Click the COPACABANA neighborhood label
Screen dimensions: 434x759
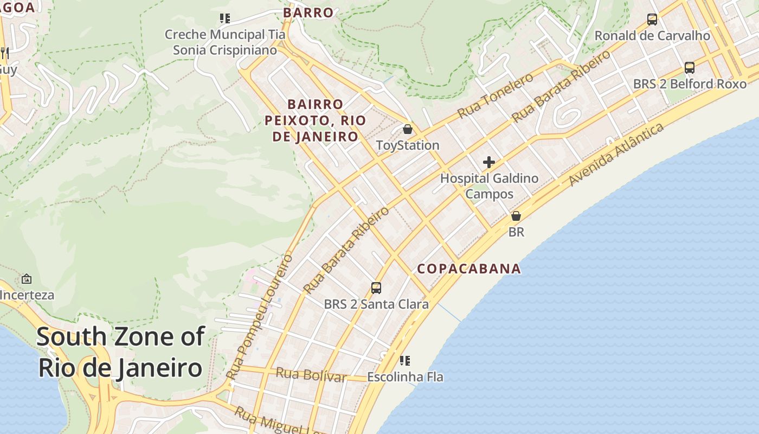[469, 269]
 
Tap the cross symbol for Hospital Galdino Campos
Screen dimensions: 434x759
[489, 162]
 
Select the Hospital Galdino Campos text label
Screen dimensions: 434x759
[489, 186]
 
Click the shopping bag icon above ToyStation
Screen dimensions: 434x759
[408, 129]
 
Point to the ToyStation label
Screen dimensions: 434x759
[408, 145]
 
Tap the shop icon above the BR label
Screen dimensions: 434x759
[516, 216]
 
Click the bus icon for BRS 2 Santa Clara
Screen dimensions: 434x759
[376, 288]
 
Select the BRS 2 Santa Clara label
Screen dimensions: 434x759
[376, 304]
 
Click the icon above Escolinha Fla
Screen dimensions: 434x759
[405, 360]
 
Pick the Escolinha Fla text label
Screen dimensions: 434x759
[405, 376]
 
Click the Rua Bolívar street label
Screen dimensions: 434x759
[311, 374]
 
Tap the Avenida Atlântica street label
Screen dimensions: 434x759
[616, 154]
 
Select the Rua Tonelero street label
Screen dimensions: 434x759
[496, 96]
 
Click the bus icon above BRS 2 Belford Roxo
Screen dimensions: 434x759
[690, 68]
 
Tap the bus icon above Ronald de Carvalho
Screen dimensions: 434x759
[652, 20]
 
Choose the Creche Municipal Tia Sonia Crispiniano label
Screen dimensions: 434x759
[224, 42]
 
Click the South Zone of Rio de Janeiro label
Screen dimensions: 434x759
[120, 352]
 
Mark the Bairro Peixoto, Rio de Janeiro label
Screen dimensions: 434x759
[315, 120]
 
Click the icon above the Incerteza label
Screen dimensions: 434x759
[26, 279]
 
